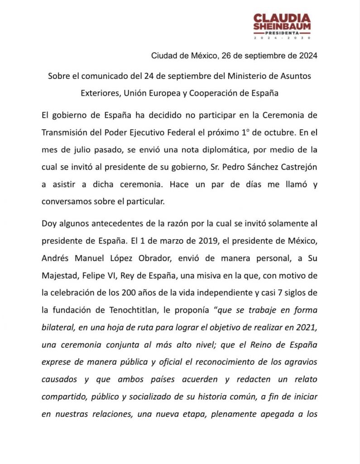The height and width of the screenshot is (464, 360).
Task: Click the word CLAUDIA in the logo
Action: [282, 19]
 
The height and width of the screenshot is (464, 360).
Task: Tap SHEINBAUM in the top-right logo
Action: [282, 27]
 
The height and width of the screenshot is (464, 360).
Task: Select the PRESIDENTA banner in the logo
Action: [282, 33]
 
